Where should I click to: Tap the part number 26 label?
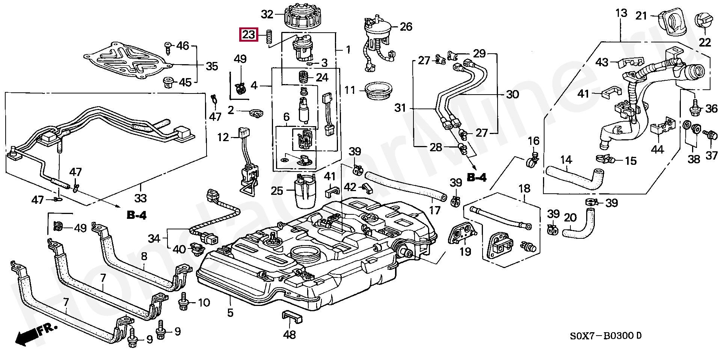[406, 27]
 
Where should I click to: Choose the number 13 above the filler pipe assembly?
[621, 14]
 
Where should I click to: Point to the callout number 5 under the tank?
[230, 312]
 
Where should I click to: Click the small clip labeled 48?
[292, 318]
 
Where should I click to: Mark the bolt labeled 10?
[184, 303]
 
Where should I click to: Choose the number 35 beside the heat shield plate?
[212, 66]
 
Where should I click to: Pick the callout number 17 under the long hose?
[434, 211]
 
